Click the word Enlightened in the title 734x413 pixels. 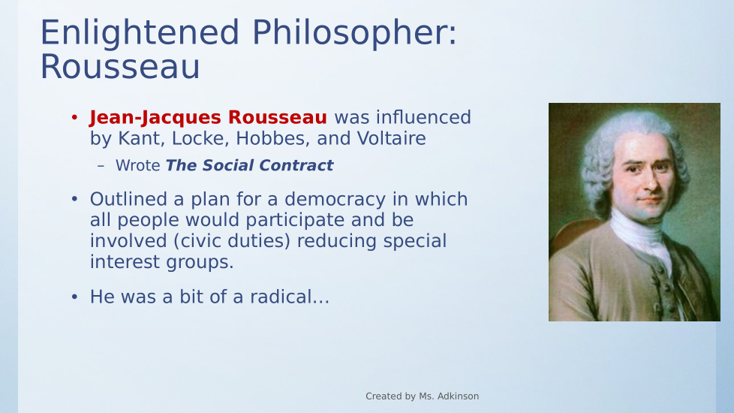(x=140, y=33)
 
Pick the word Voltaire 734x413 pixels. (x=391, y=138)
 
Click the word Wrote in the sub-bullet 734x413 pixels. (x=137, y=165)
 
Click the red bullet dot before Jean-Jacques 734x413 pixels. (x=74, y=117)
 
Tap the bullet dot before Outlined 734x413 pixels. (x=74, y=198)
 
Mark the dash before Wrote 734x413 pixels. (x=101, y=166)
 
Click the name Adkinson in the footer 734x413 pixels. (x=459, y=396)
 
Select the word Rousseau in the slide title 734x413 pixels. (x=120, y=68)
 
